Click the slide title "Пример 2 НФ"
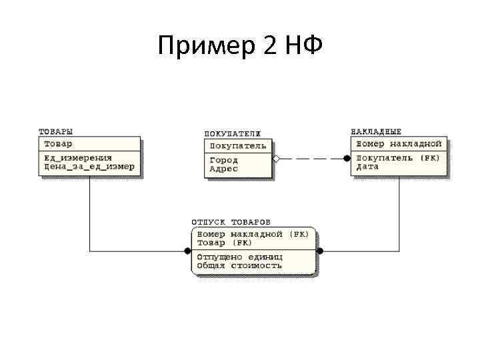click(x=241, y=46)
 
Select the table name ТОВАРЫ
click(x=56, y=131)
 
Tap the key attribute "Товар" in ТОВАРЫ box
click(x=59, y=143)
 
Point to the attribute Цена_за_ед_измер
click(x=89, y=167)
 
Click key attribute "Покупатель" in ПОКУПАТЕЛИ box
click(x=238, y=145)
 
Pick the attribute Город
click(x=223, y=160)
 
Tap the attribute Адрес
click(x=223, y=169)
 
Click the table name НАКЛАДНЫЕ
click(x=376, y=131)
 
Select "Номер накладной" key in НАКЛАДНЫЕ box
click(x=399, y=143)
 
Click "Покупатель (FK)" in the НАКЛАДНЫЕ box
click(x=398, y=158)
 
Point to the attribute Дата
click(x=367, y=167)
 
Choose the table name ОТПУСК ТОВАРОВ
click(x=231, y=221)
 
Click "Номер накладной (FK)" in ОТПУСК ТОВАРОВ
click(x=252, y=234)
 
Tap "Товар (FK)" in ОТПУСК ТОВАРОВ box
click(x=223, y=243)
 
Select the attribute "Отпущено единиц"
click(x=239, y=257)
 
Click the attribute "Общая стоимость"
click(x=239, y=265)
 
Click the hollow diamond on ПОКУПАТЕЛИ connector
click(x=277, y=159)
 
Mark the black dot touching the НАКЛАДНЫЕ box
click(x=347, y=159)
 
